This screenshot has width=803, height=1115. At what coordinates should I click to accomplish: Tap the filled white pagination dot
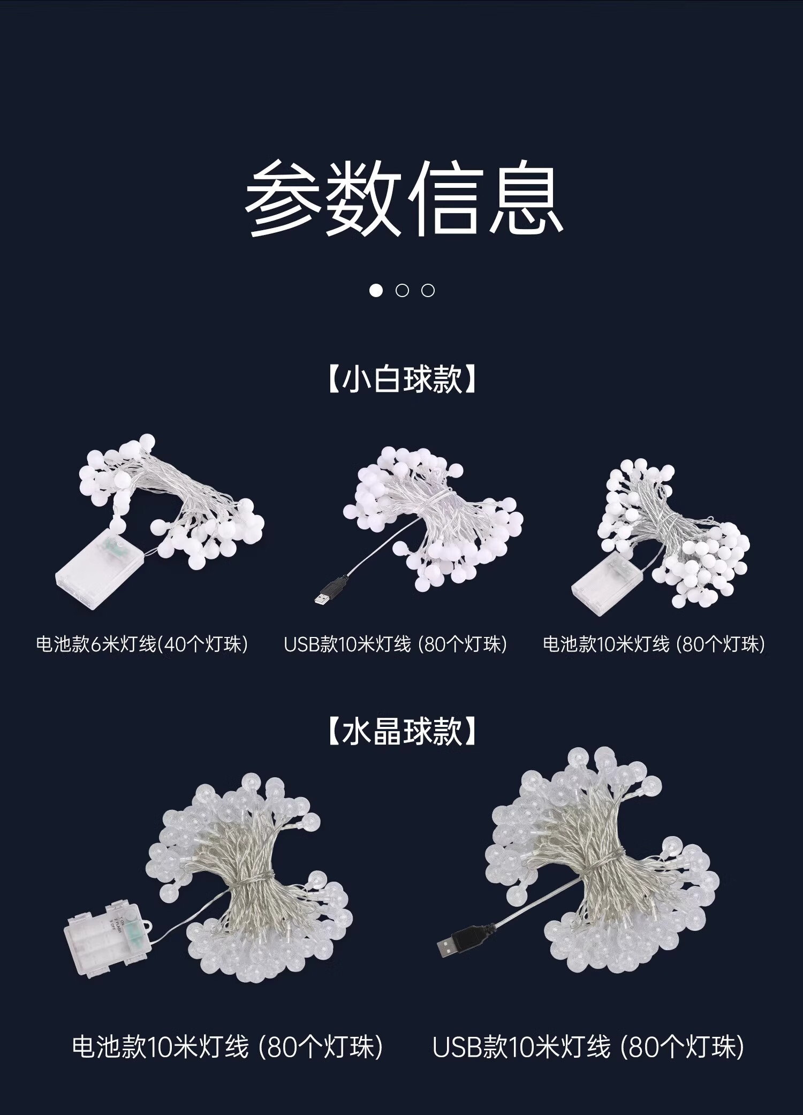pyautogui.click(x=376, y=291)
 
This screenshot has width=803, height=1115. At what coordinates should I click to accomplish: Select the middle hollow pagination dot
pyautogui.click(x=402, y=291)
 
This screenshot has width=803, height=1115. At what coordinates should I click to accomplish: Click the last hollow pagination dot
pyautogui.click(x=428, y=291)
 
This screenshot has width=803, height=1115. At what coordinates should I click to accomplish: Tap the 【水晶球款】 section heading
pyautogui.click(x=401, y=731)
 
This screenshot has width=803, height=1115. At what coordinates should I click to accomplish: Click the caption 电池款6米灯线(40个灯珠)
pyautogui.click(x=142, y=643)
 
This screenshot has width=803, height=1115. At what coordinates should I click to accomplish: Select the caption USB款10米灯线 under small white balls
pyautogui.click(x=395, y=643)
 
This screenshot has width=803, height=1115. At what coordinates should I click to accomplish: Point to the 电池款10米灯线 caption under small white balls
pyautogui.click(x=654, y=643)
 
